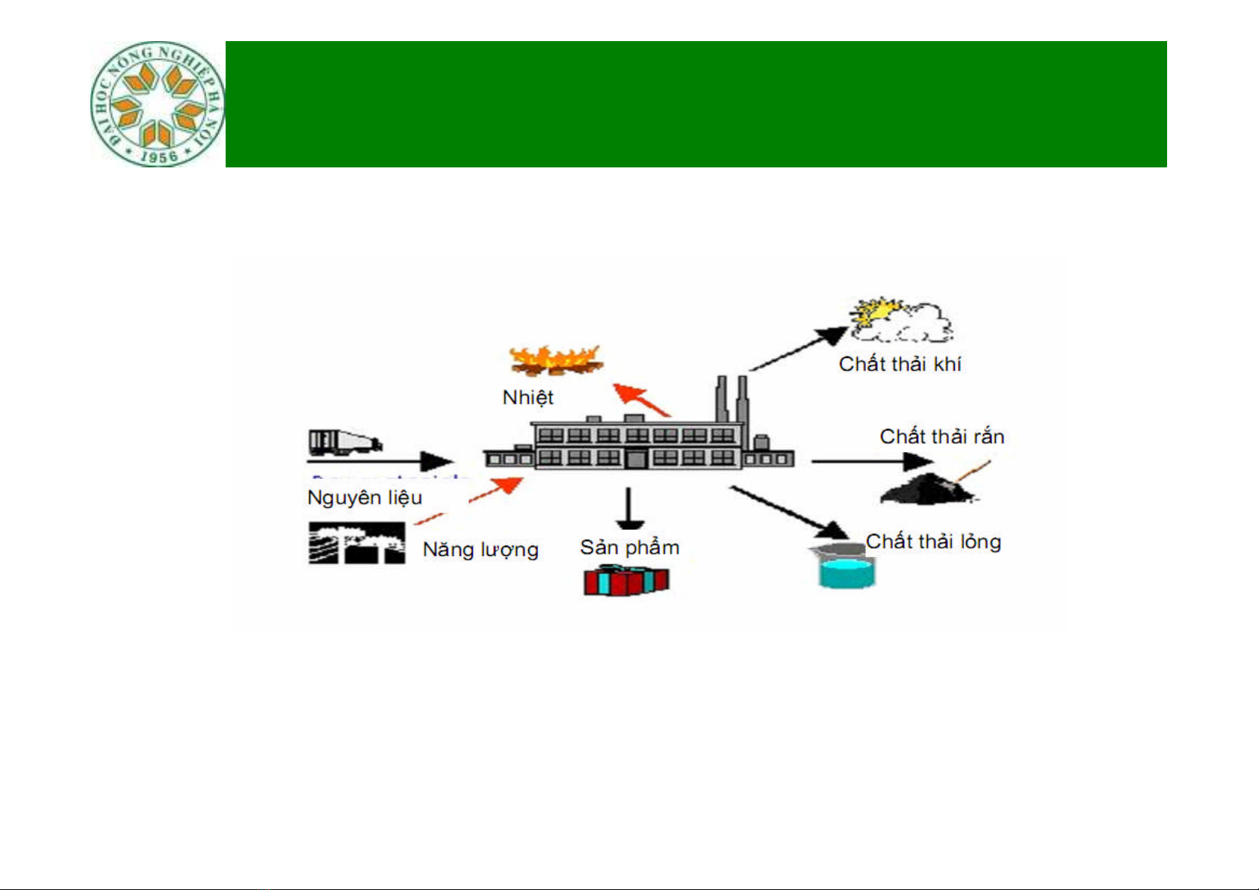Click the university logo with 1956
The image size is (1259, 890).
pos(157,104)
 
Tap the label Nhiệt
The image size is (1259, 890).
pos(528,398)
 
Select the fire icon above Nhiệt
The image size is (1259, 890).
pos(555,360)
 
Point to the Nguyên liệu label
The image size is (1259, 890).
pos(365,498)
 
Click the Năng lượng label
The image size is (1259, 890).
pos(480,550)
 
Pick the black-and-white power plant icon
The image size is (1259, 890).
pos(356,543)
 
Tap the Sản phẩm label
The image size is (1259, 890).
pos(629,548)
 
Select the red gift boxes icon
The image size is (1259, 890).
pos(626,581)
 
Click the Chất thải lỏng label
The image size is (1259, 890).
pos(933,542)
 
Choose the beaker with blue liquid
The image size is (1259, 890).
pos(845,569)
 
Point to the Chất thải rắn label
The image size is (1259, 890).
pos(941,436)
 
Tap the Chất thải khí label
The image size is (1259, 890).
pos(900,364)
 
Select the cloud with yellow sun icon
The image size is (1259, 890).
pos(901,319)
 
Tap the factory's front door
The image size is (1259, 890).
pos(636,459)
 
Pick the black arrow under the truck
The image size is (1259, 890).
pos(381,461)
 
